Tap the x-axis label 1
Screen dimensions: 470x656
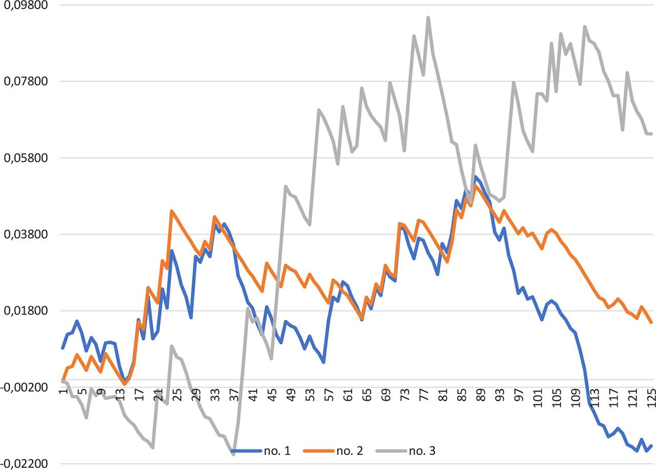pos(63,394)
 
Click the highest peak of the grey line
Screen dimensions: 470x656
pos(428,17)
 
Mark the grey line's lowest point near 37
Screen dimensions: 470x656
pos(233,454)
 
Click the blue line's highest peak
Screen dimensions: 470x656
pos(476,177)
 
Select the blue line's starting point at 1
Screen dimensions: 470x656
pos(63,348)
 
